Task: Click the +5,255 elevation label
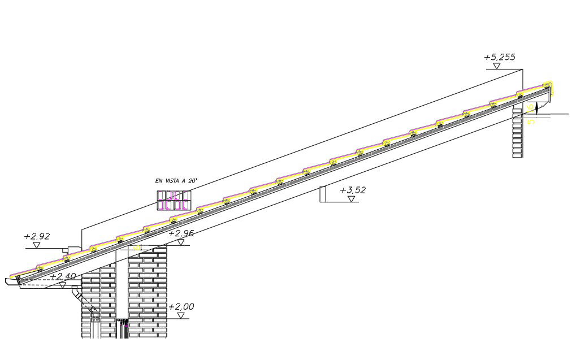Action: click(x=500, y=57)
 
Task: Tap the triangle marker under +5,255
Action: click(x=496, y=66)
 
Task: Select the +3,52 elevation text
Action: click(x=353, y=190)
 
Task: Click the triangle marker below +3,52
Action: click(x=352, y=199)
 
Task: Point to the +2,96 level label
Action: click(x=181, y=233)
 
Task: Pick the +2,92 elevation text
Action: click(x=37, y=236)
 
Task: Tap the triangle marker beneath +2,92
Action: click(x=36, y=245)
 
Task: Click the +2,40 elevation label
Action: click(x=63, y=276)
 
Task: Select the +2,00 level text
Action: click(x=181, y=307)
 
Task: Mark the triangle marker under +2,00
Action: click(x=181, y=315)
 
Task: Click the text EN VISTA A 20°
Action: click(x=176, y=181)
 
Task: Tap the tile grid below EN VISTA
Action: click(x=174, y=201)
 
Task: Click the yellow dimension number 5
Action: click(x=531, y=122)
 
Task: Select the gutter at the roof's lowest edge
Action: click(x=12, y=281)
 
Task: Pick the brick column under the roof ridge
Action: click(x=517, y=133)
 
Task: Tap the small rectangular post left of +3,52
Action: click(x=323, y=194)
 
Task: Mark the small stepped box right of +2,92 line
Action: click(x=73, y=249)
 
